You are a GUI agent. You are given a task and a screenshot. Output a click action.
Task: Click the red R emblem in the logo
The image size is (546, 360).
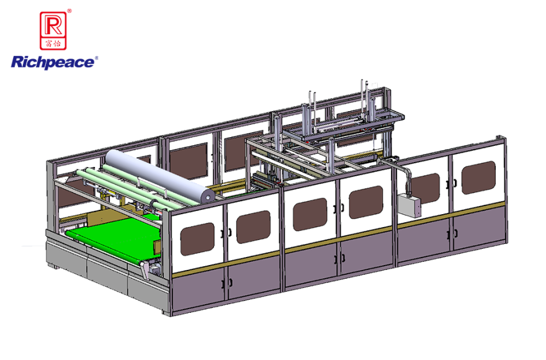pyautogui.click(x=53, y=30)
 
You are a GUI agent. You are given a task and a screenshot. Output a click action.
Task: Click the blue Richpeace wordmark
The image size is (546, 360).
pyautogui.click(x=53, y=63)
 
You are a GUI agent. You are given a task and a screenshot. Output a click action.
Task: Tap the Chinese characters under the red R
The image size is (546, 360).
pyautogui.click(x=53, y=43)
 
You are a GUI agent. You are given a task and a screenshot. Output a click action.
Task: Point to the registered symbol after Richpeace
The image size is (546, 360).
pyautogui.click(x=96, y=58)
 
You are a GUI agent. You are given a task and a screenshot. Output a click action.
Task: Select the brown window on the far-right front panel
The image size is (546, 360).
pyautogui.click(x=478, y=178)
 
